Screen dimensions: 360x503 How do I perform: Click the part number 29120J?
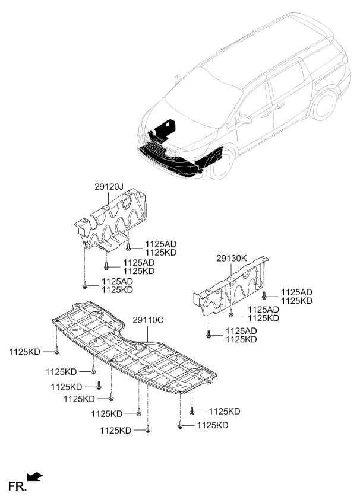pos(109,187)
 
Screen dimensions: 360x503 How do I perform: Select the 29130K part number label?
pos(232,258)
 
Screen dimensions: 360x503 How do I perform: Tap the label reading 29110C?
pos(148,320)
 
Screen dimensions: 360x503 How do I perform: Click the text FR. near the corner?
pos(17,486)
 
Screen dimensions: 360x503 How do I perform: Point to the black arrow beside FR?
pos(34,477)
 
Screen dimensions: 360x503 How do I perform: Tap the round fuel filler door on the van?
pos(318,87)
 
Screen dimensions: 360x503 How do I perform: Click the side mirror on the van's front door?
pos(244,119)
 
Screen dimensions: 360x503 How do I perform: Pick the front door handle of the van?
pos(266,114)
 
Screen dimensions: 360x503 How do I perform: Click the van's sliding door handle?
pos(280,105)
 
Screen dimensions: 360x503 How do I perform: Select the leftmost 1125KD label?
pos(24,352)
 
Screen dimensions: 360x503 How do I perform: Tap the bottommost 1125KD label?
pos(115,431)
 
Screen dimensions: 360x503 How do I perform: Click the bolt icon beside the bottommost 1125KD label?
pos(148,429)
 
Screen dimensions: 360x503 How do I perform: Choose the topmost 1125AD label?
pos(161,244)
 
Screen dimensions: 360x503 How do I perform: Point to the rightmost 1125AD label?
pos(296,292)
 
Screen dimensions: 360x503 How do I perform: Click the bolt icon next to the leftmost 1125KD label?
pos(57,350)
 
